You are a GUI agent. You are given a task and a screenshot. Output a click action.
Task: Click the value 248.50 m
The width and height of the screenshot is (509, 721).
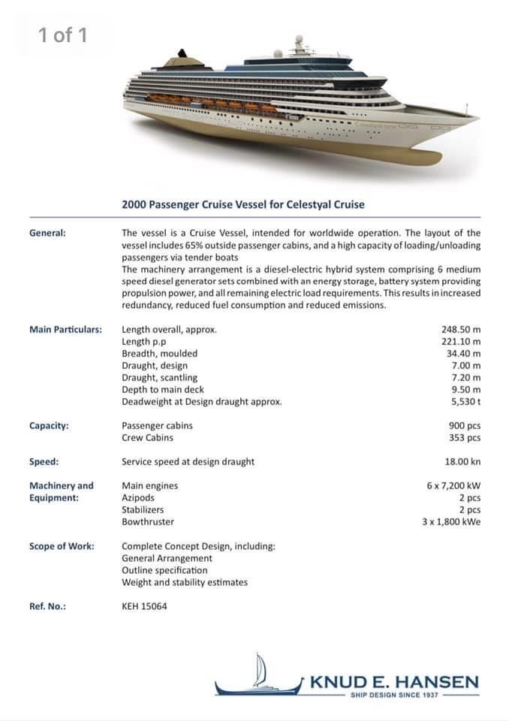point(461,329)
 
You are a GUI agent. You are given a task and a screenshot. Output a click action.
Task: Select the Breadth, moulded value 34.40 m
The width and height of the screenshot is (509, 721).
point(463,353)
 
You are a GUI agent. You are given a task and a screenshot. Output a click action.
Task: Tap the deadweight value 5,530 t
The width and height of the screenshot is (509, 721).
point(465,401)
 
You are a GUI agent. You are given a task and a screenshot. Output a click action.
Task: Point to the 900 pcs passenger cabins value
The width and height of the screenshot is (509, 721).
point(464,425)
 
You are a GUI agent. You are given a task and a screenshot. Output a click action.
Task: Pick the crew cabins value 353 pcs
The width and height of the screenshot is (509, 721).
point(464,437)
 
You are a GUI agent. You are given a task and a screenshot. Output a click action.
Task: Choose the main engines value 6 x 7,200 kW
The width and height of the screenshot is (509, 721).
point(453,485)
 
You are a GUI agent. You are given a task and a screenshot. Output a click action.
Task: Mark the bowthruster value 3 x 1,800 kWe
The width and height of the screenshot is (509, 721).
point(451,521)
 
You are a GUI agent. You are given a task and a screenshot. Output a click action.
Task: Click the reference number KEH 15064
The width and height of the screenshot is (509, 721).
point(144,605)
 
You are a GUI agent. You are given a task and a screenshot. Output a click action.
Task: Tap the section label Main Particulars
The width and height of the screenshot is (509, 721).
point(65,329)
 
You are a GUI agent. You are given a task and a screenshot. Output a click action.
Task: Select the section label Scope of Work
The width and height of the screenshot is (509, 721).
point(62,545)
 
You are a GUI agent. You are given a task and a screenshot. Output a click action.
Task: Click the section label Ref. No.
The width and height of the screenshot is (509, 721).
point(47,605)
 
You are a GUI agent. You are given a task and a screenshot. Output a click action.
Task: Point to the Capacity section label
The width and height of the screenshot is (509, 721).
point(49,425)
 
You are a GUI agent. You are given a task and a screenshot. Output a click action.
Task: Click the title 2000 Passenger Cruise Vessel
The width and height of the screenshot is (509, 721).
point(243,204)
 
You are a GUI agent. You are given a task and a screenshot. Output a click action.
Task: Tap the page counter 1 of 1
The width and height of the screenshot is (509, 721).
point(63,35)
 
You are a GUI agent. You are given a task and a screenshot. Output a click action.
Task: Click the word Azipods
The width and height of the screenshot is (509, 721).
point(139,497)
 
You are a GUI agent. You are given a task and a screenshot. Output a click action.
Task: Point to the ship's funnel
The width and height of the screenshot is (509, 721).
point(182,58)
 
